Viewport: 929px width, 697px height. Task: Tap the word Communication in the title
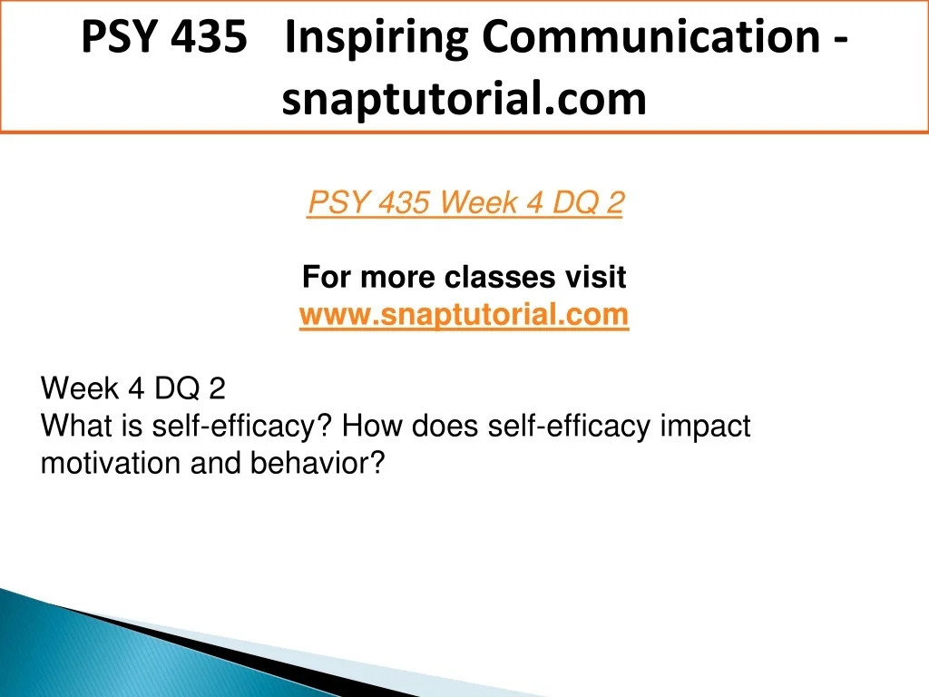pos(651,36)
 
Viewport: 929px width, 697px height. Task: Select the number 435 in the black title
pos(210,36)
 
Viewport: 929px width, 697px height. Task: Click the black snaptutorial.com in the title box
pos(464,98)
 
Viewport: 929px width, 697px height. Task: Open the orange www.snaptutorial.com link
pos(464,314)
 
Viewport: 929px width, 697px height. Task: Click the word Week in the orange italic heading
pos(479,202)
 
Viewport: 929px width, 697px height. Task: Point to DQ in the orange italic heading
pos(574,202)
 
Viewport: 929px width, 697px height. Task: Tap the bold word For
pos(326,277)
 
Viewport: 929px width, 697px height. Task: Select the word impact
pos(705,427)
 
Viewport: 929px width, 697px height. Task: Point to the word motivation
pos(110,463)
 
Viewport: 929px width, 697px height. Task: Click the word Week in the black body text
pos(80,388)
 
